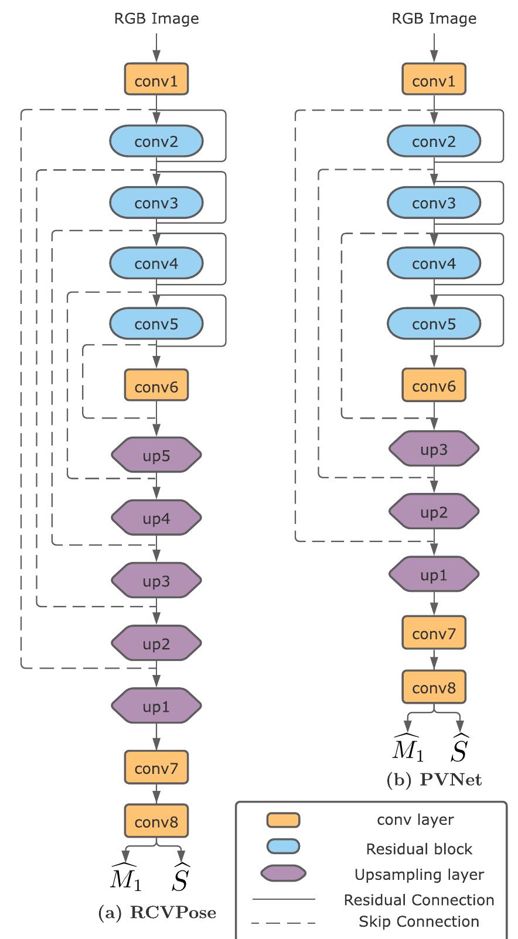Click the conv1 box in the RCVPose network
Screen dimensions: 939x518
click(x=156, y=80)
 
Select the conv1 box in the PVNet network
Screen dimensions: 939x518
click(x=434, y=80)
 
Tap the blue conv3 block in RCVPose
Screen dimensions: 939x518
click(x=156, y=203)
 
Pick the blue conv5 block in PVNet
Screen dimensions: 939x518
click(x=434, y=324)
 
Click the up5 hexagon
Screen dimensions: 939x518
click(x=156, y=455)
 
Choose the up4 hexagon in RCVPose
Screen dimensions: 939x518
click(x=156, y=518)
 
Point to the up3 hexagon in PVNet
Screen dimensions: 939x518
click(x=434, y=450)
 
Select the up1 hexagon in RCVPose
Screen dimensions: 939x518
click(x=156, y=706)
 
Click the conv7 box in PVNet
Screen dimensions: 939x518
click(x=434, y=633)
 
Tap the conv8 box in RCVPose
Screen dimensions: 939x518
click(x=156, y=821)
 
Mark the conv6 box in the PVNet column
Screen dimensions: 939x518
click(x=434, y=385)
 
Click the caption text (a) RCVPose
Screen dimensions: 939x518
click(x=157, y=912)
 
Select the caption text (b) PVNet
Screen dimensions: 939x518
click(x=434, y=780)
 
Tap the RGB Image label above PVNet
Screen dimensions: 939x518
click(x=434, y=19)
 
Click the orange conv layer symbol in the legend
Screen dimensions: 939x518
click(x=283, y=820)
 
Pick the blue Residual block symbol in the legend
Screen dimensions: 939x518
click(x=283, y=847)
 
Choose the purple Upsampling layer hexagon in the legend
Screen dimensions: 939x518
click(x=283, y=873)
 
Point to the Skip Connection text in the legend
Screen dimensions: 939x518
click(x=418, y=921)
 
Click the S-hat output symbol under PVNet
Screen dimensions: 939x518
click(x=459, y=748)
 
